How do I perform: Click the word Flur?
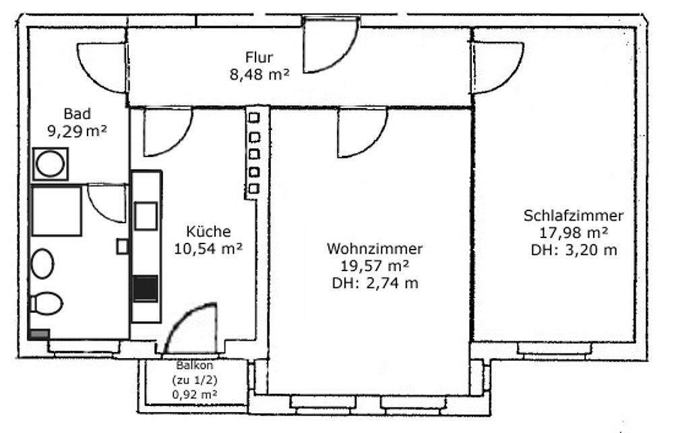pos(259,57)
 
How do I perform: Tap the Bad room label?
pos(77,113)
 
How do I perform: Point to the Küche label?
pos(209,231)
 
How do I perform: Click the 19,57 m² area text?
pos(375,265)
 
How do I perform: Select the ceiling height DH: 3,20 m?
pos(573,250)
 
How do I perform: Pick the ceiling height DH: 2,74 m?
pos(375,283)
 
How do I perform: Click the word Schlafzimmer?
pos(573,216)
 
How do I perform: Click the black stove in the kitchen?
pos(146,289)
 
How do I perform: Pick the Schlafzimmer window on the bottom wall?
pos(557,348)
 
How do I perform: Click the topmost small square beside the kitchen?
pos(254,118)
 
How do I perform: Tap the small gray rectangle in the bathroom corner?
pos(38,334)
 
